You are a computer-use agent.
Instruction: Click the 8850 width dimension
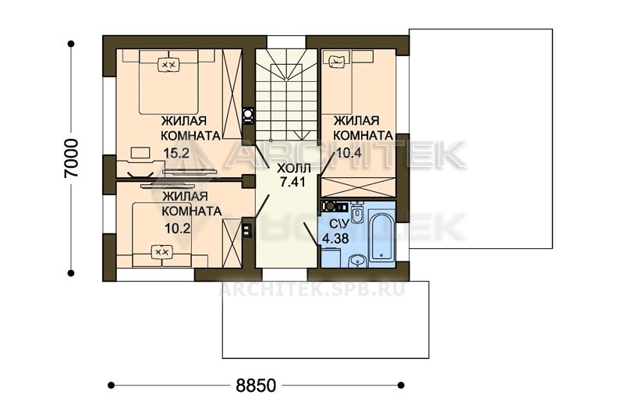(256, 386)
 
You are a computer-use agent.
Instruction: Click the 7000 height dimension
(72, 158)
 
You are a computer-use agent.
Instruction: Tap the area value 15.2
(176, 153)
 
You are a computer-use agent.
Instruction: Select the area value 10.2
(177, 229)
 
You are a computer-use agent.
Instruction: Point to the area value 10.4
(349, 152)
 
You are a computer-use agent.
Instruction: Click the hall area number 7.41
(293, 182)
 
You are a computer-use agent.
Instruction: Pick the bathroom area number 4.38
(335, 239)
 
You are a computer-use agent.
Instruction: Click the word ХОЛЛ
(294, 168)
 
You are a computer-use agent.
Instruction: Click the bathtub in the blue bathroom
(382, 237)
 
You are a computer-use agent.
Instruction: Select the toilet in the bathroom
(358, 212)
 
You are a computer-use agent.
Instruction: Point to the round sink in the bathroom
(358, 261)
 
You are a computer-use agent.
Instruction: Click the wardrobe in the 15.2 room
(232, 94)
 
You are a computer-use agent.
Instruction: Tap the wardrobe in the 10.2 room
(232, 244)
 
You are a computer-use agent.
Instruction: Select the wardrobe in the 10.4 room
(358, 187)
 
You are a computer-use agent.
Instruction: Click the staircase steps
(286, 94)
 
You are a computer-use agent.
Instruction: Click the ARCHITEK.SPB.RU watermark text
(311, 289)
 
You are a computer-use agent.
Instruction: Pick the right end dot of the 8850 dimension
(401, 385)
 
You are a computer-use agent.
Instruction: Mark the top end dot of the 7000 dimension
(71, 44)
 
